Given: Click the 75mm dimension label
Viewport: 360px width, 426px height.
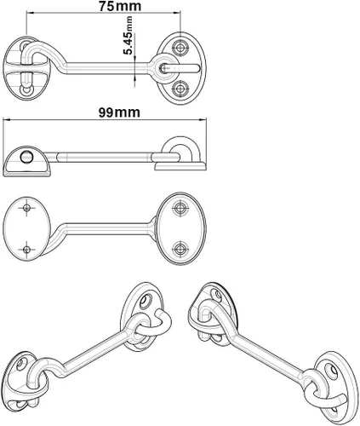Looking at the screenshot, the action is coord(119,7).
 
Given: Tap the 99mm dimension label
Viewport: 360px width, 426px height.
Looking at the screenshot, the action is coord(119,112).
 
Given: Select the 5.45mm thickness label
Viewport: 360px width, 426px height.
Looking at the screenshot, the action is coord(129,35).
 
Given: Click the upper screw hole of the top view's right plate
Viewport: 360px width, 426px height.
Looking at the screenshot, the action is coord(180,48).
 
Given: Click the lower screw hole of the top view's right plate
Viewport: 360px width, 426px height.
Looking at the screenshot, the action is coord(180,89).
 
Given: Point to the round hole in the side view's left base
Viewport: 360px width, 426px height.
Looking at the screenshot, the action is coord(26,157).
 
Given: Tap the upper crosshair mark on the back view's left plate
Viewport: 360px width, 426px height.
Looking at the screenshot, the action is coord(27,208).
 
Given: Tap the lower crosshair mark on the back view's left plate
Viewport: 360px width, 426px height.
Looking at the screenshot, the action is coord(27,250).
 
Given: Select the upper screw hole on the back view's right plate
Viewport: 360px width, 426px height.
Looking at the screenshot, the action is coord(180,208).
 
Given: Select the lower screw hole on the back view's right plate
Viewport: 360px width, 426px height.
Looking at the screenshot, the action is coord(180,249).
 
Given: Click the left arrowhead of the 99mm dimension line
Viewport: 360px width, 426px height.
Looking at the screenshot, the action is coord(6,120).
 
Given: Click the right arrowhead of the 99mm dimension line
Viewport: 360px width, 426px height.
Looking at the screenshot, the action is coord(203,120).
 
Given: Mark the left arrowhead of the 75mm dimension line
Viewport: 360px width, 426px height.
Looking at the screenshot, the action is coord(30,12).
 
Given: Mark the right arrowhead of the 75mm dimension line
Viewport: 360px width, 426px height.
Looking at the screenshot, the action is coord(178,12).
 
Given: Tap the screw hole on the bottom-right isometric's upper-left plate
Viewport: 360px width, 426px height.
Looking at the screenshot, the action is coord(219,295).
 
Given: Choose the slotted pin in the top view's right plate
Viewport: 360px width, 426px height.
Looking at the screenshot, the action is coord(180,68).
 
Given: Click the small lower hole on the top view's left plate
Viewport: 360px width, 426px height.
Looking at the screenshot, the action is coord(27,90).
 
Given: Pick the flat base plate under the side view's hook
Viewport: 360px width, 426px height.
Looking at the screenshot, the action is coord(180,166).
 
